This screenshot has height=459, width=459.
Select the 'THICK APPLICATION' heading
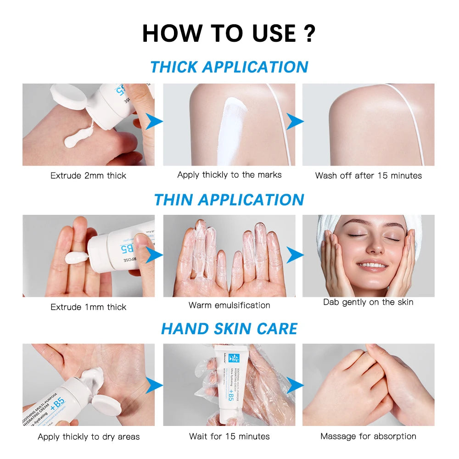(229, 67)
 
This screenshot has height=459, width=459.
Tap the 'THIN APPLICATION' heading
(229, 200)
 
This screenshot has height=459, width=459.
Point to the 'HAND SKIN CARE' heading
(229, 329)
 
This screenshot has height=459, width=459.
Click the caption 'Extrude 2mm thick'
(88, 175)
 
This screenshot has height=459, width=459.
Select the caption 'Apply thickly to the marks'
(229, 174)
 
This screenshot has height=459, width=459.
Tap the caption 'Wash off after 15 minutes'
(368, 175)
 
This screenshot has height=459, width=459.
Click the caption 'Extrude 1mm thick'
(88, 307)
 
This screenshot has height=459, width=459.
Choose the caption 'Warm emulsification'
(229, 305)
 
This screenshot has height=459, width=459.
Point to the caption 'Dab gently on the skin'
(368, 302)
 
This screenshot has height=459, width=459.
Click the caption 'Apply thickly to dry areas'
(89, 437)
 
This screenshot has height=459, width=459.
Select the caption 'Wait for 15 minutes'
(229, 436)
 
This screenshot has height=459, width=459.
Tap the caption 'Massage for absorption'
(368, 436)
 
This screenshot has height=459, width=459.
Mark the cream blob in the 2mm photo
(78, 138)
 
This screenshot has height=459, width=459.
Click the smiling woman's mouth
(372, 265)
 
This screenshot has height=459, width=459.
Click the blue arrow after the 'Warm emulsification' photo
(295, 254)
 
